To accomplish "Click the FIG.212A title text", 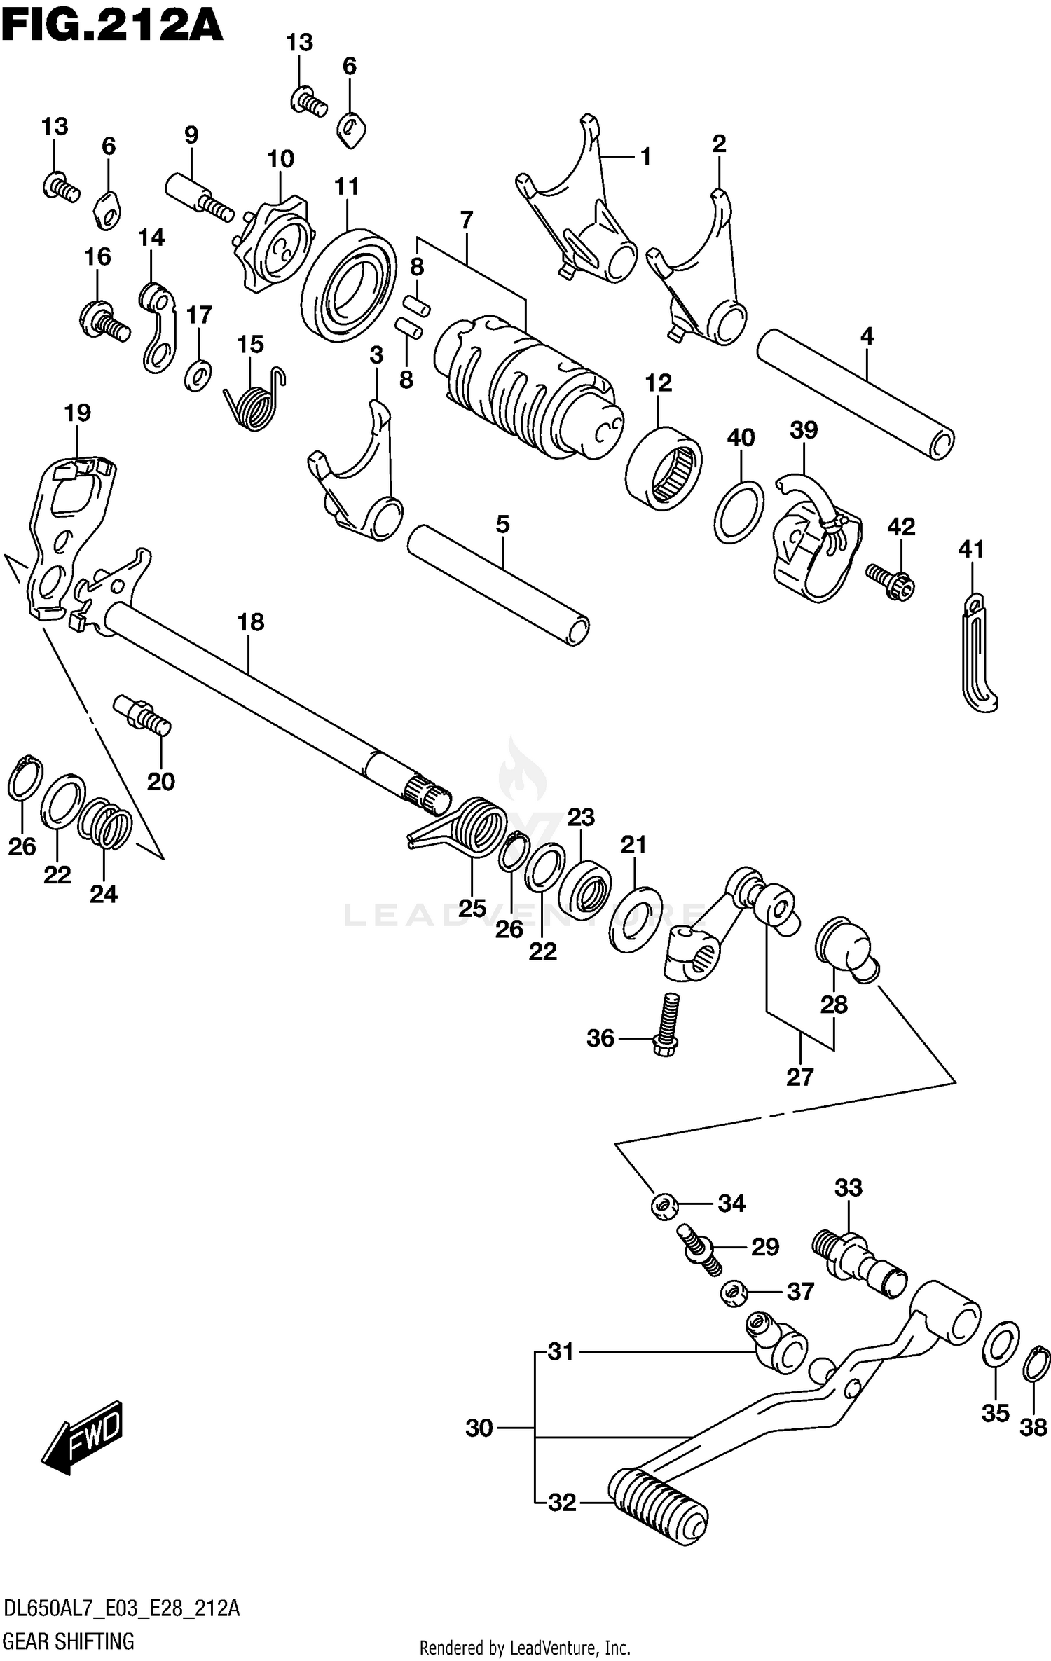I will (112, 28).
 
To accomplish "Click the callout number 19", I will (78, 413).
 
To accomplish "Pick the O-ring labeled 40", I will (739, 511).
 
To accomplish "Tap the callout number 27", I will (799, 1075).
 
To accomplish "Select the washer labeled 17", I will (198, 375).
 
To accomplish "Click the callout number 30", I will (479, 1428).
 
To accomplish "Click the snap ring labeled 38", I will (1036, 1365).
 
